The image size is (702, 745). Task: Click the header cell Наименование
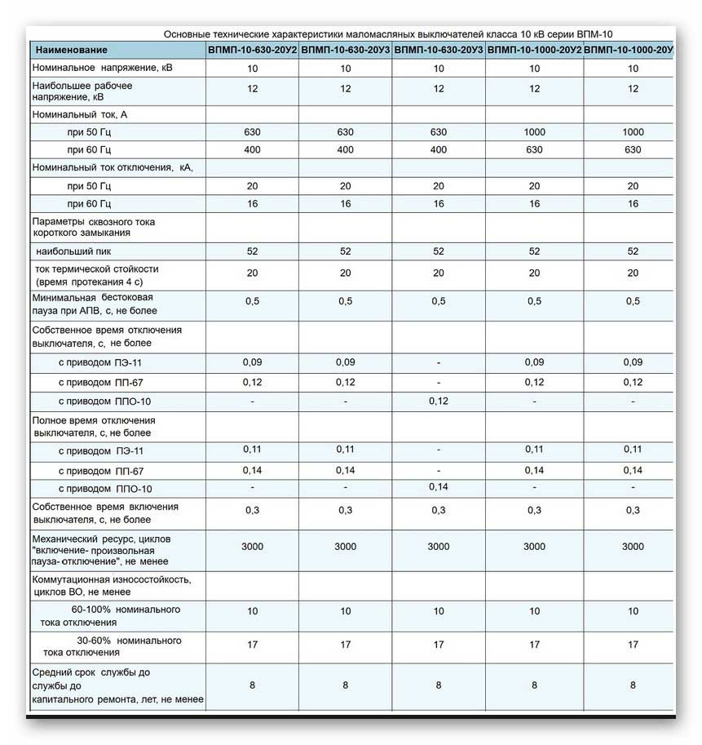click(x=72, y=51)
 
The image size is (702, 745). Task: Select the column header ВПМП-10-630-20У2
click(x=253, y=51)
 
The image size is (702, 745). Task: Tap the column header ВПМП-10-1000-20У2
click(x=534, y=51)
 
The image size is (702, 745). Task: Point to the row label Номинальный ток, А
click(x=79, y=115)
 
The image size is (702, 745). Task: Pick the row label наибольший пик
click(x=74, y=251)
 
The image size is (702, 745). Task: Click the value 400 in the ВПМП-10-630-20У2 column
click(x=253, y=150)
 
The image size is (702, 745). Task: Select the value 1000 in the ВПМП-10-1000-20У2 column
click(x=534, y=132)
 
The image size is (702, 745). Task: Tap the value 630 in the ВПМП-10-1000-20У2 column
click(x=534, y=150)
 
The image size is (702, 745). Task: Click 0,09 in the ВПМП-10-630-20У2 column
click(x=253, y=361)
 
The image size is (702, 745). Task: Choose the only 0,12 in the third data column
click(x=439, y=401)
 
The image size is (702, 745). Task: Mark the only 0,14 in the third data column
click(x=439, y=488)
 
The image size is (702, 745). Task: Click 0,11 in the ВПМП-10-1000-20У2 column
click(x=534, y=449)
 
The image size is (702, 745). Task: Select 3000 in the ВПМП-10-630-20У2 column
click(x=253, y=547)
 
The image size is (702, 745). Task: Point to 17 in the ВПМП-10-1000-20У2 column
click(x=534, y=645)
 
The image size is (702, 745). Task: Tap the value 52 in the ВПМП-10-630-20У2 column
click(x=253, y=251)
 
